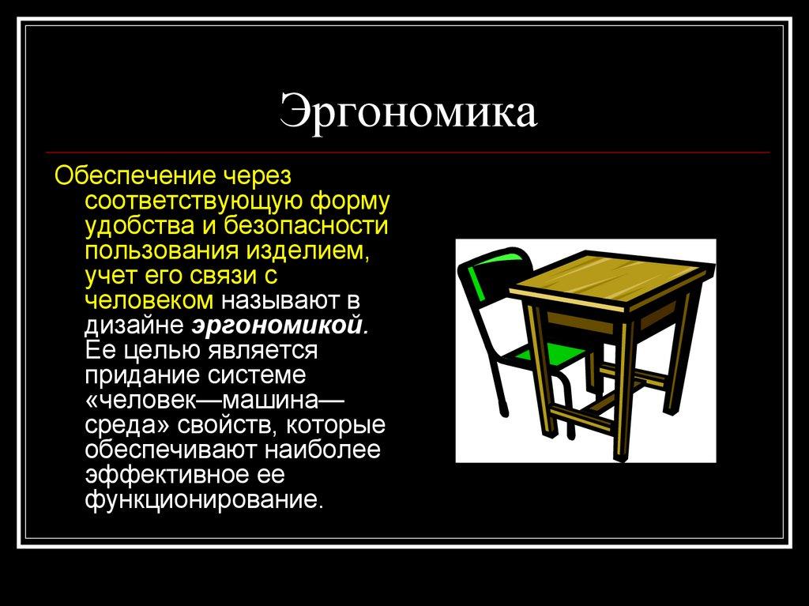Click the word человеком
pos(149,299)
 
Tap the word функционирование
pos(204,500)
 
